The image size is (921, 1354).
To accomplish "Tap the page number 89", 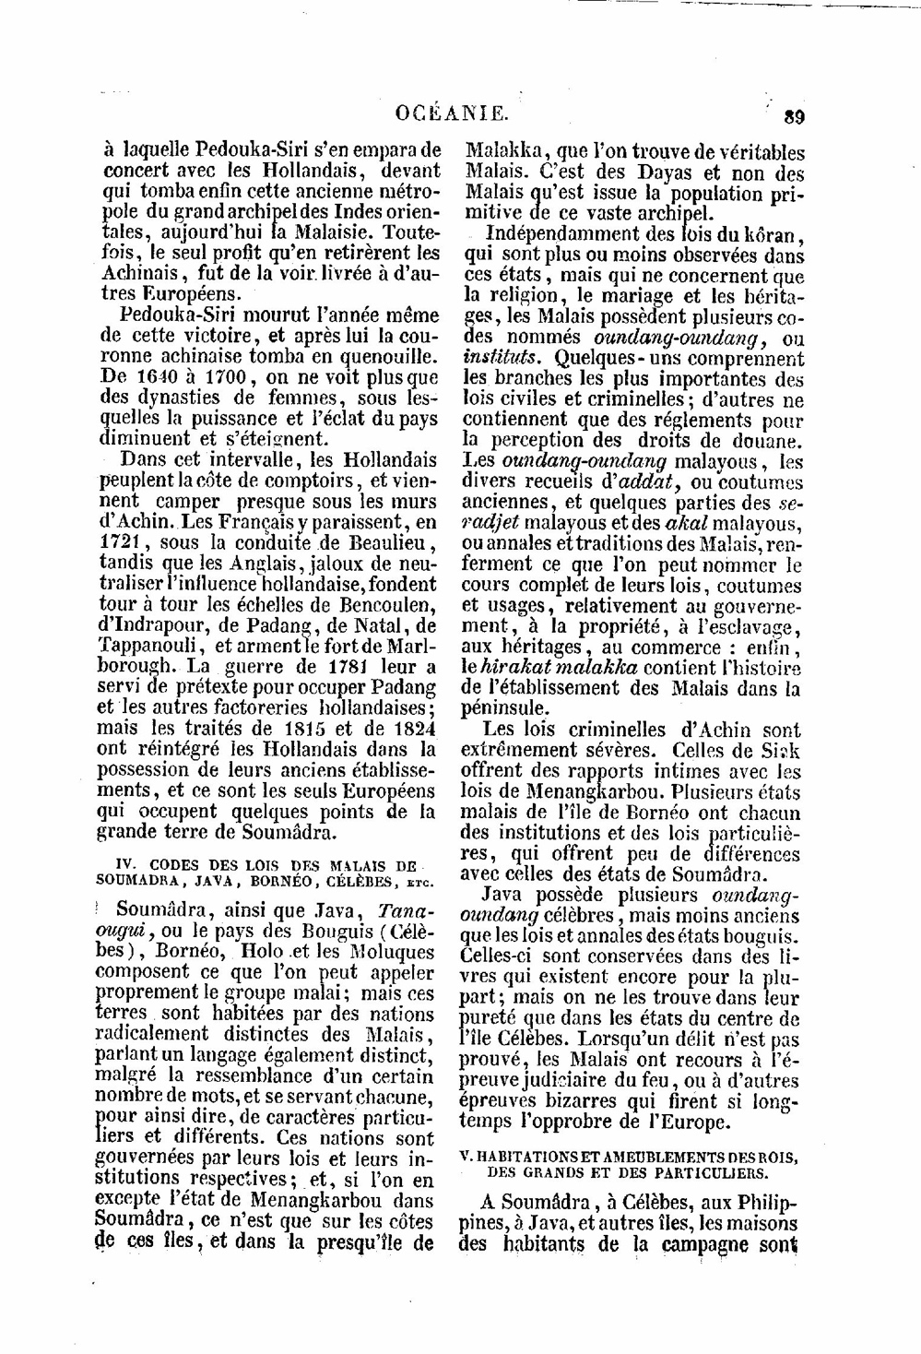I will coord(792,116).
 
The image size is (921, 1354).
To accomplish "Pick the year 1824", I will coord(410,728).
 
